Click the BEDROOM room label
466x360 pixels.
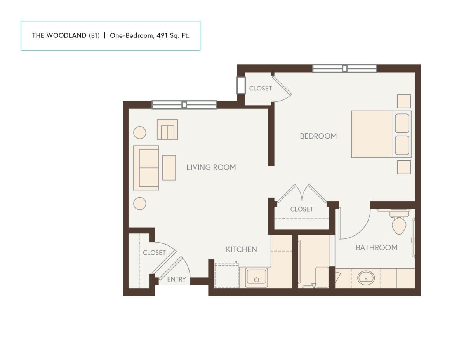pos(318,136)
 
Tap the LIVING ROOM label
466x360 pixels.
pos(211,167)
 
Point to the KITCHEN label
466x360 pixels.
pos(241,249)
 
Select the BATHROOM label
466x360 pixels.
pos(377,248)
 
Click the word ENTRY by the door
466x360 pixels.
pos(176,279)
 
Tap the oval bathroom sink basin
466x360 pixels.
pos(366,278)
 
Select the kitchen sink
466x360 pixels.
pos(256,277)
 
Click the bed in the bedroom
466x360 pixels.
pos(381,134)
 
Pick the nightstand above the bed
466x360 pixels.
pos(404,101)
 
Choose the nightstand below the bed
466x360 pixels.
pos(404,167)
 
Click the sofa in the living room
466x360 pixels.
pos(146,168)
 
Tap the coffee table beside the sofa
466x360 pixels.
pos(169,168)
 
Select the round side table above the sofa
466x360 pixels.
pos(140,132)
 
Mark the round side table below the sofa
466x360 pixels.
pos(140,203)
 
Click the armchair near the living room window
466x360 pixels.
pos(167,129)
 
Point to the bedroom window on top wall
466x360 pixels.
pos(344,69)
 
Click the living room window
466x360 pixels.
pos(184,104)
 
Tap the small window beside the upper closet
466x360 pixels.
pos(241,85)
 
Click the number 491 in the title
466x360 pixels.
pos(162,35)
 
